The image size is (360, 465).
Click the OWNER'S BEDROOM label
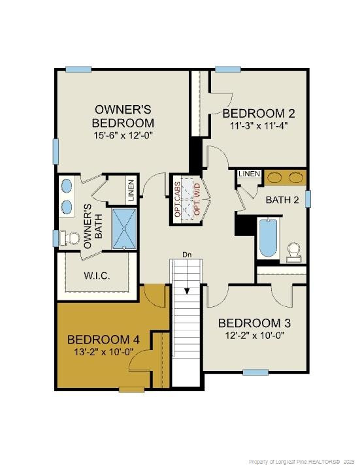(x=123, y=116)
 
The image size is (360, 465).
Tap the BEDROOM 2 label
(x=258, y=113)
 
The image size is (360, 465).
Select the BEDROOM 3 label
(x=254, y=323)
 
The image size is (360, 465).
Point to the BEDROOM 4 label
(x=103, y=340)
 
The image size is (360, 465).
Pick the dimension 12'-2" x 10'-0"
(x=254, y=336)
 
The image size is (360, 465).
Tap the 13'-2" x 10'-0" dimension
(x=103, y=351)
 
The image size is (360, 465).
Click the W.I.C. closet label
(x=97, y=276)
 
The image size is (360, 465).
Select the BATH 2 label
(x=282, y=200)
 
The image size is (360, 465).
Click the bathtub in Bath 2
(x=268, y=238)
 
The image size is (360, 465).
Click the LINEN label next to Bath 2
(x=250, y=174)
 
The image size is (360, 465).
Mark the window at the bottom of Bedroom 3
(x=255, y=372)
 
